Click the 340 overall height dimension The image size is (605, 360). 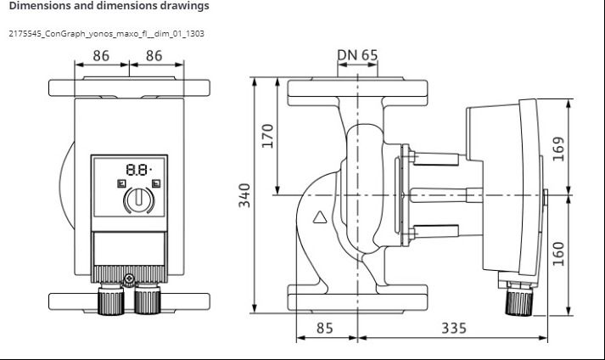pos(244,195)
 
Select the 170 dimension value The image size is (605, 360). pos(267,136)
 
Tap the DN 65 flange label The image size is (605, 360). pos(358,55)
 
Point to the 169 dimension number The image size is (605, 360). pos(558,149)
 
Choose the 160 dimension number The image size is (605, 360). pos(558,254)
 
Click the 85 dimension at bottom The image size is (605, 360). pos(324,328)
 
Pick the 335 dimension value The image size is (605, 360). pos(454,328)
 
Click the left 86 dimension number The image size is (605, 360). pos(101,56)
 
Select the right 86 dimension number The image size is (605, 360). pos(154,56)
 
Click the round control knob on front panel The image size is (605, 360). pos(139,200)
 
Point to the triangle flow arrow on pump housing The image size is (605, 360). pos(320,217)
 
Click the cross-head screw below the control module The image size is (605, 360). pos(129,278)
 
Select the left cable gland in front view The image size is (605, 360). pos(111,299)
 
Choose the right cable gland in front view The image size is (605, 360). pos(147,299)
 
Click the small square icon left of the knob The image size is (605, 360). pos(121,184)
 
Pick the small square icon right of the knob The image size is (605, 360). pos(156,184)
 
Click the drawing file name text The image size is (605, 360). pos(107,34)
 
